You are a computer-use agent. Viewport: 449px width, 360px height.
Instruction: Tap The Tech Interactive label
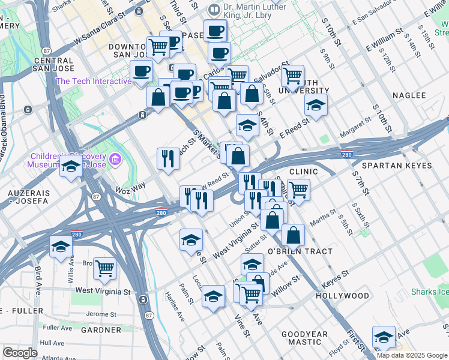[x=93, y=82]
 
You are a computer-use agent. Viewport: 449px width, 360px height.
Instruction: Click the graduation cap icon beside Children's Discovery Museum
[x=71, y=167]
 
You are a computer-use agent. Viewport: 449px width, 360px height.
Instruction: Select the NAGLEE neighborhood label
[x=409, y=95]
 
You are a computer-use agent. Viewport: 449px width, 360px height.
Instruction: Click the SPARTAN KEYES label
[x=397, y=164]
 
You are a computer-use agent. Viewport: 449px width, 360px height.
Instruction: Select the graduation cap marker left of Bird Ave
[x=61, y=247]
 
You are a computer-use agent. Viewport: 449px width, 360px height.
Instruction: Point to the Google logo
[x=20, y=352]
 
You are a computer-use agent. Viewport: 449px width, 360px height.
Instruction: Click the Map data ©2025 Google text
[x=411, y=355]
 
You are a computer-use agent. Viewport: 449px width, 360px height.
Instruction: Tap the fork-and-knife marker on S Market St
[x=167, y=158]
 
